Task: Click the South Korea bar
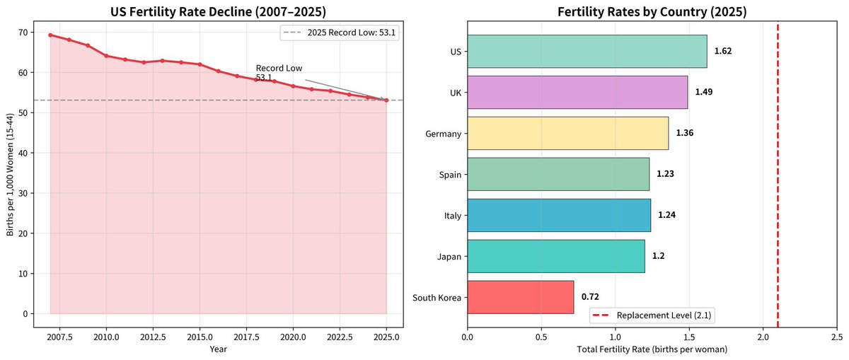(x=521, y=297)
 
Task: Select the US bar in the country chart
(x=587, y=52)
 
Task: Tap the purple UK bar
(x=577, y=93)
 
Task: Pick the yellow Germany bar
(x=567, y=134)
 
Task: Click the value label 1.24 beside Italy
(x=666, y=215)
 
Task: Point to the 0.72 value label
(x=590, y=297)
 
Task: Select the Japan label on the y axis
(x=449, y=257)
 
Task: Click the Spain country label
(x=450, y=175)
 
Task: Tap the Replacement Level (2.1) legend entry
(x=652, y=315)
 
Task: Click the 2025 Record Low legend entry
(x=340, y=33)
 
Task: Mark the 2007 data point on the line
(x=50, y=35)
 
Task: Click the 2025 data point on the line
(x=386, y=100)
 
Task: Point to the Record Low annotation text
(x=279, y=73)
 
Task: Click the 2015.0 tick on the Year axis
(x=200, y=337)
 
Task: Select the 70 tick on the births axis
(x=23, y=33)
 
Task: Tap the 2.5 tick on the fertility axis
(x=837, y=337)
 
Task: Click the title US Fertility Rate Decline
(x=219, y=12)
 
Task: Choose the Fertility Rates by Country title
(x=652, y=12)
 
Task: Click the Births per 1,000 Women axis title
(x=10, y=174)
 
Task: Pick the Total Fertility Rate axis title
(x=652, y=349)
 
